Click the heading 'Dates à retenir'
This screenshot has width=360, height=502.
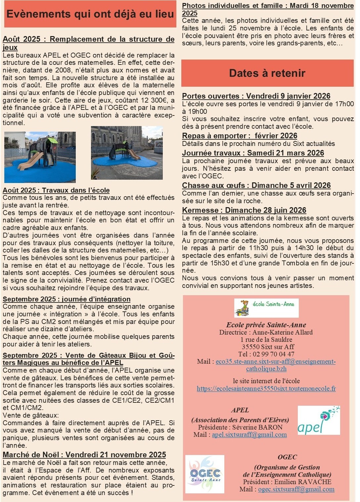[267, 73]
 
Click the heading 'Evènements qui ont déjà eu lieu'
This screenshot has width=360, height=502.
[90, 14]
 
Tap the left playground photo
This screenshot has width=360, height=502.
[40, 157]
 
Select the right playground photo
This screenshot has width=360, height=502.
[127, 153]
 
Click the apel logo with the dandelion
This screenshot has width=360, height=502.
[319, 420]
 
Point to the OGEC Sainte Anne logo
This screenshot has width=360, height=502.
[205, 474]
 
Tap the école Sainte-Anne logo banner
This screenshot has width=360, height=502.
[266, 308]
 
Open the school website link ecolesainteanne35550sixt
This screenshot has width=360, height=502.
[266, 388]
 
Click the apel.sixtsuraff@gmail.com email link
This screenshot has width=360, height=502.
[249, 435]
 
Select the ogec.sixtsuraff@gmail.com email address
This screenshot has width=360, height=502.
[296, 489]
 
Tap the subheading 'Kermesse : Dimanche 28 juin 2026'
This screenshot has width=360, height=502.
[244, 210]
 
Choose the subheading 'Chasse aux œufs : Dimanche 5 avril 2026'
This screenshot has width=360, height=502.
[256, 185]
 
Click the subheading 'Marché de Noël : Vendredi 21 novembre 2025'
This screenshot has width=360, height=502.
[84, 455]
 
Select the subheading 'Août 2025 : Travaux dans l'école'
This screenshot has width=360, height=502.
[56, 190]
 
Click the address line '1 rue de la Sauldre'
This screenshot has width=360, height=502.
[266, 340]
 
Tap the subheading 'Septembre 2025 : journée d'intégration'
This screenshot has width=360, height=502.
[67, 299]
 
